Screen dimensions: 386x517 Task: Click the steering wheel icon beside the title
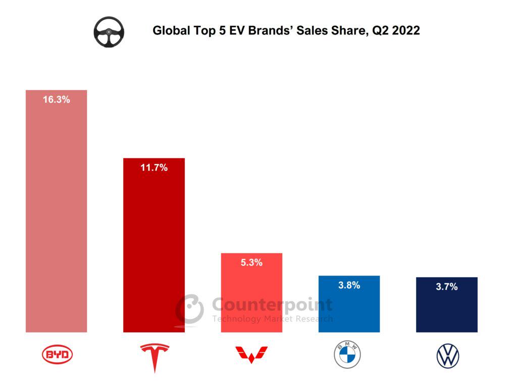[109, 32]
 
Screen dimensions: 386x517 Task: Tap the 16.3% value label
[56, 100]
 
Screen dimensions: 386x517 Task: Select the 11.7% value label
[154, 167]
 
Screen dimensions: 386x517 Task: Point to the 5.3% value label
[251, 263]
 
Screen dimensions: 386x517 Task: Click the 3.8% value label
[349, 285]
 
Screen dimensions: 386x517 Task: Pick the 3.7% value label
[446, 287]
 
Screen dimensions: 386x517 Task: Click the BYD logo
[57, 355]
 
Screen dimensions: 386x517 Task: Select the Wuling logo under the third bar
[251, 355]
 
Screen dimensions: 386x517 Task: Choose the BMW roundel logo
[347, 355]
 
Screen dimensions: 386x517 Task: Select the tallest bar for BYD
[56, 218]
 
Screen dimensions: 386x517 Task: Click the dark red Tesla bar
[154, 243]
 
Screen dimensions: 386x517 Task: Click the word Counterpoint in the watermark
[272, 305]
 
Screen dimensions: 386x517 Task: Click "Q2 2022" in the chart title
[395, 31]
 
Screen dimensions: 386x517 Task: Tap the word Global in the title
[170, 31]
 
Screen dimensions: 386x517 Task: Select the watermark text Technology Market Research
[272, 319]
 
